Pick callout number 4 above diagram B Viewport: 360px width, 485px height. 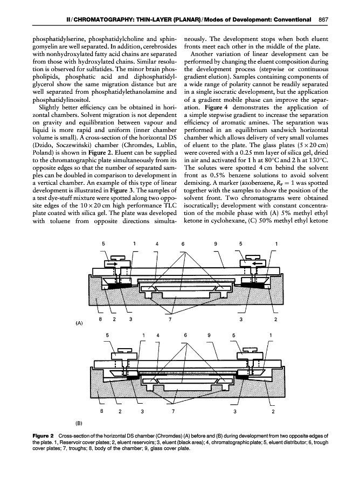tap(158, 336)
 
